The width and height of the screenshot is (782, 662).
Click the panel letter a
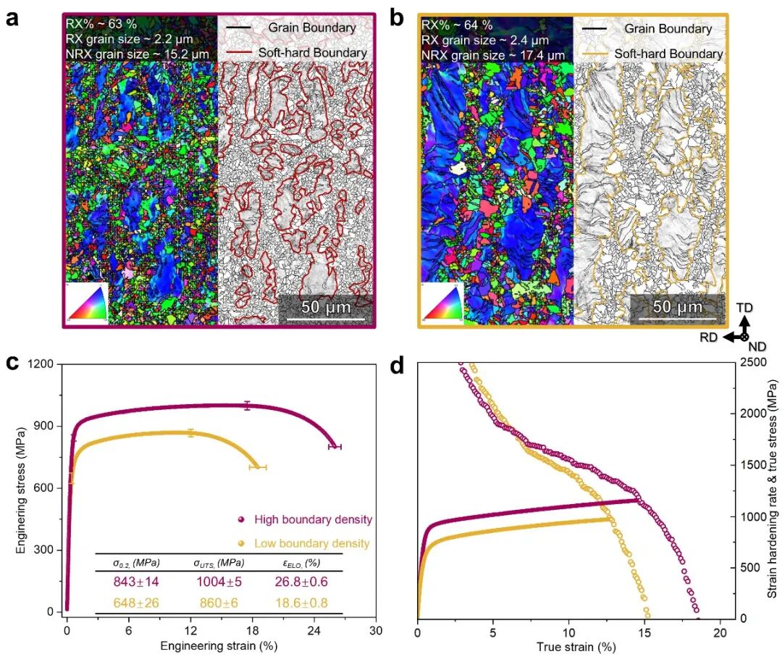(x=12, y=18)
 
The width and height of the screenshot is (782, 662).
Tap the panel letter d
(x=397, y=366)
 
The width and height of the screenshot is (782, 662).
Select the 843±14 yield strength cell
(x=135, y=582)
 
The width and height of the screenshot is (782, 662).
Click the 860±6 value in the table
(x=219, y=603)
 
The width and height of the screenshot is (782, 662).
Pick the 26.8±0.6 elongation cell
(x=301, y=582)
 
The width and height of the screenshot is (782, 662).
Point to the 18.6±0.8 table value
(x=301, y=603)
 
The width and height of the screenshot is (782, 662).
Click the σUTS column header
(x=219, y=563)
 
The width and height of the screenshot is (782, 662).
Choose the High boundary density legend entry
(x=305, y=519)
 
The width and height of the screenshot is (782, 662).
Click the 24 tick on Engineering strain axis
(x=314, y=631)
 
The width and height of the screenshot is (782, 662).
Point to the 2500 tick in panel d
(x=754, y=362)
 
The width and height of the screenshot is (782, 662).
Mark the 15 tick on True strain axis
(x=644, y=633)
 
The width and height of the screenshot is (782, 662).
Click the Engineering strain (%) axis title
(x=219, y=646)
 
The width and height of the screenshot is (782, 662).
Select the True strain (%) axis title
(x=576, y=648)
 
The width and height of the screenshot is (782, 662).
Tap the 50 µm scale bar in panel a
(x=326, y=318)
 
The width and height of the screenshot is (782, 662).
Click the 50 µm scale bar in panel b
(x=677, y=318)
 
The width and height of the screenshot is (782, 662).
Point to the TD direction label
(x=744, y=308)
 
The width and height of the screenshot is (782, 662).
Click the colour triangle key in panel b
(x=442, y=302)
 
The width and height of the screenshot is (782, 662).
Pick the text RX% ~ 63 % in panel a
(x=101, y=24)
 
